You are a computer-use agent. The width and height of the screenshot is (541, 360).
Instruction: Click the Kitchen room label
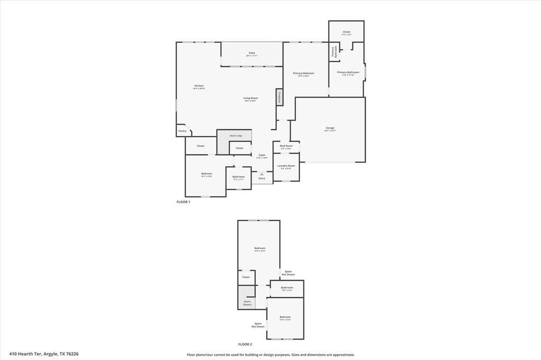click(x=199, y=86)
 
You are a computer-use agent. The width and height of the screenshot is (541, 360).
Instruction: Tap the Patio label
click(x=252, y=53)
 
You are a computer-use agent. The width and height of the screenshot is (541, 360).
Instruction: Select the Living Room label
click(x=250, y=98)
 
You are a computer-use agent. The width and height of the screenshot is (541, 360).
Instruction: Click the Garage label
click(x=330, y=128)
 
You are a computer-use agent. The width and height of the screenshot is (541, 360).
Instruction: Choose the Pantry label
click(x=182, y=131)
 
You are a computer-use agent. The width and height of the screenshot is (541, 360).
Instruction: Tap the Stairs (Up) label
click(x=236, y=136)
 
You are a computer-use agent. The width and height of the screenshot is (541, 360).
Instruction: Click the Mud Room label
click(x=286, y=146)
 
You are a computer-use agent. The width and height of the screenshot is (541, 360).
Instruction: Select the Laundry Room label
click(x=287, y=166)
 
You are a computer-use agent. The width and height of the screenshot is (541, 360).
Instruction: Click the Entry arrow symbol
click(x=262, y=173)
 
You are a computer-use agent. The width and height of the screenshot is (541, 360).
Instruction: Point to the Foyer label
click(x=262, y=155)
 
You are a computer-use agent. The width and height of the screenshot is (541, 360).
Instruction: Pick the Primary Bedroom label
click(x=303, y=73)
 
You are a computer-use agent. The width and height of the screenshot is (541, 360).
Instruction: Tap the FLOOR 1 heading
click(x=183, y=202)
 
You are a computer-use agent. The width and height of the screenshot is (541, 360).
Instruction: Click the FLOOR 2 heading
click(x=245, y=344)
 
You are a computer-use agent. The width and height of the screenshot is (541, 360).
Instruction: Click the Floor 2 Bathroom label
click(x=287, y=288)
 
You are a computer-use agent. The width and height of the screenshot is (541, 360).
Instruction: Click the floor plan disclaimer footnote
click(x=270, y=355)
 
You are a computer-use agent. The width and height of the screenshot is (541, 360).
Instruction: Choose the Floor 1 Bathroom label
click(x=238, y=177)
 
